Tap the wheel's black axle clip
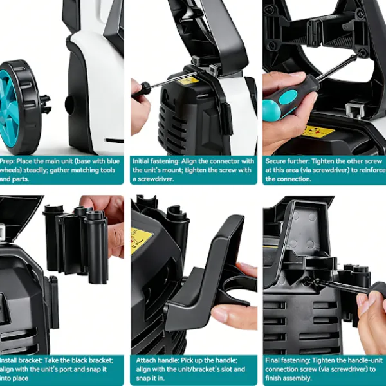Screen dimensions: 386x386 46,104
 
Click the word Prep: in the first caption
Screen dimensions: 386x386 7,161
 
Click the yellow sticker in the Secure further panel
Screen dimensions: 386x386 320,131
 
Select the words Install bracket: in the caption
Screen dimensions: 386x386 21,360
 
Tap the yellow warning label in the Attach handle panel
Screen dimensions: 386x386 140,241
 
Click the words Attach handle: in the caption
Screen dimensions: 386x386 158,360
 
